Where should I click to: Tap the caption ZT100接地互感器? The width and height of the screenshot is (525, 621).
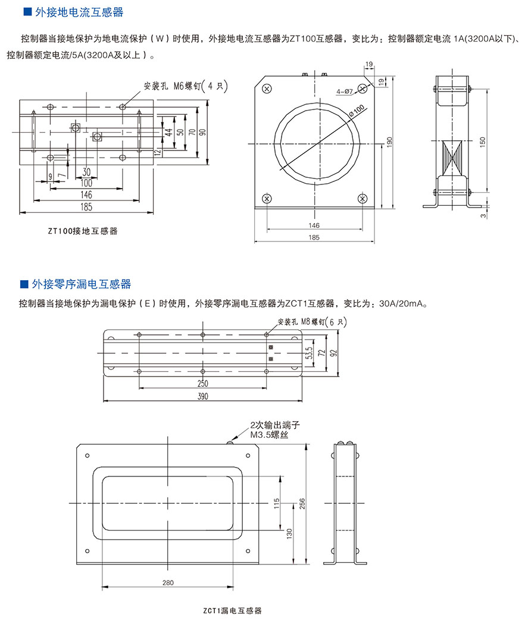(83, 231)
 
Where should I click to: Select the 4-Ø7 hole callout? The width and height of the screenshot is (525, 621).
(345, 91)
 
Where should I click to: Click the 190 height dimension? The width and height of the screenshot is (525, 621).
(390, 142)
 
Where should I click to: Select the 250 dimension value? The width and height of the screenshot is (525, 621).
(202, 383)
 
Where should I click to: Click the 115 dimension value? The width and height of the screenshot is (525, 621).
(277, 503)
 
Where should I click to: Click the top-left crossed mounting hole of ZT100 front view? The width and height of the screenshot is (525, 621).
(267, 89)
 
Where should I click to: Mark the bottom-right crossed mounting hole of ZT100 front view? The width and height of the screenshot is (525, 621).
(363, 198)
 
